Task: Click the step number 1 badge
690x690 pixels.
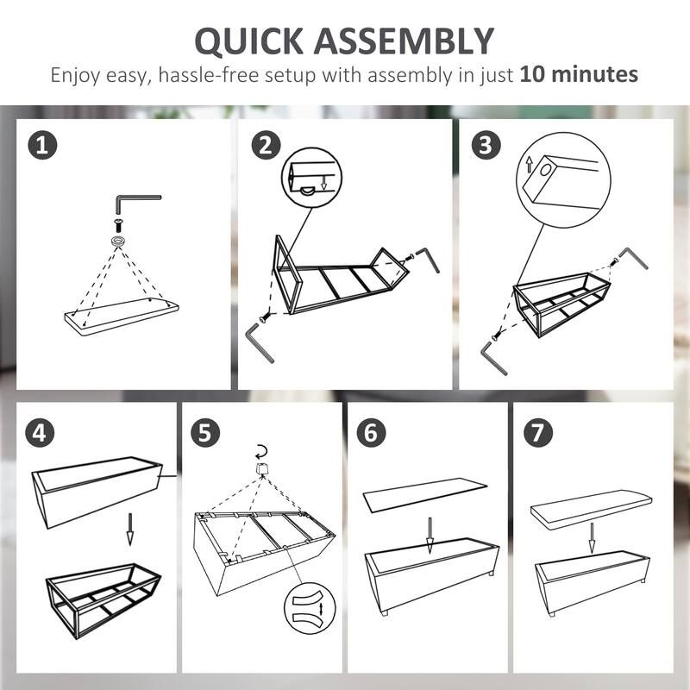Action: pyautogui.click(x=42, y=145)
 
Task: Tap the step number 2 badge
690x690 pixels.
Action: pyautogui.click(x=266, y=145)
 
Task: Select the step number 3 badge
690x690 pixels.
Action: pyautogui.click(x=486, y=145)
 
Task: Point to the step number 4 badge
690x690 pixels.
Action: pyautogui.click(x=40, y=433)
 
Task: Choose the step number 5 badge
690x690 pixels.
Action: pyautogui.click(x=205, y=433)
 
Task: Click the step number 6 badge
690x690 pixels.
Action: pyautogui.click(x=371, y=433)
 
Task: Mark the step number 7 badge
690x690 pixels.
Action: pyautogui.click(x=537, y=433)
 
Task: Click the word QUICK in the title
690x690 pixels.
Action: pyautogui.click(x=249, y=41)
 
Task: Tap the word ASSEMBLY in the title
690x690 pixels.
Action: pyautogui.click(x=404, y=41)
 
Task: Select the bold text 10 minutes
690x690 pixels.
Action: pyautogui.click(x=579, y=74)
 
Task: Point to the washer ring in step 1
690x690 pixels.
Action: pyautogui.click(x=118, y=241)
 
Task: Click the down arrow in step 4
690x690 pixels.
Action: pyautogui.click(x=130, y=529)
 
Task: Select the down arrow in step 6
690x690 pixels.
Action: pyautogui.click(x=430, y=535)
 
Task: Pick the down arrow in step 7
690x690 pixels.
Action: pyautogui.click(x=592, y=537)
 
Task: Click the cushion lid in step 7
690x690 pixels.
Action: pyautogui.click(x=591, y=509)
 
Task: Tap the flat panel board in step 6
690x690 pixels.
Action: pyautogui.click(x=424, y=495)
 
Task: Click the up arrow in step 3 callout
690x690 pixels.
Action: pyautogui.click(x=530, y=166)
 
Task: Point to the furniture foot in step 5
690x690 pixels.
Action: pyautogui.click(x=262, y=469)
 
